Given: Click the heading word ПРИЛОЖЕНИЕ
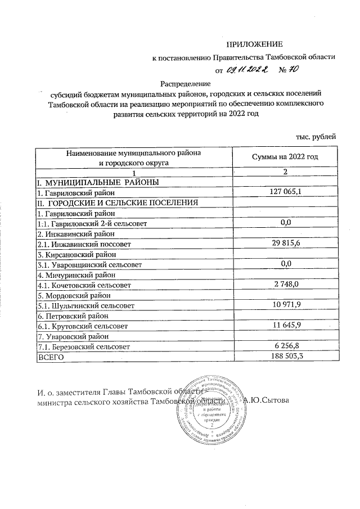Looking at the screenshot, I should pos(254,44).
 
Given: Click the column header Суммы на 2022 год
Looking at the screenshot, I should pos(284,157).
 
